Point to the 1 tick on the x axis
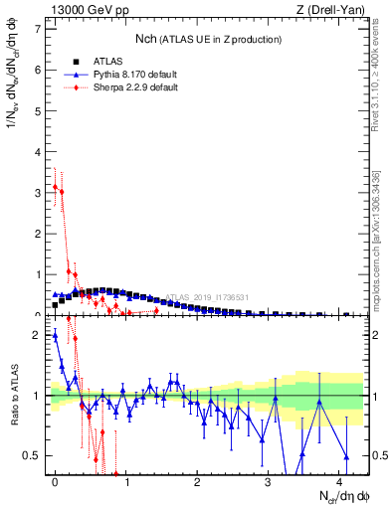pyautogui.click(x=126, y=482)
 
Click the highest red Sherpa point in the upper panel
pyautogui.click(x=55, y=186)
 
